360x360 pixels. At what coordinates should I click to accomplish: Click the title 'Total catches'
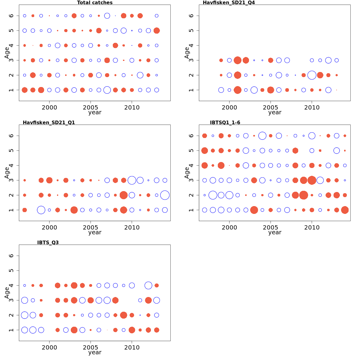pyautogui.click(x=95, y=3)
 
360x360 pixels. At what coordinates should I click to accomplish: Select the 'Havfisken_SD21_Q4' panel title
pyautogui.click(x=229, y=3)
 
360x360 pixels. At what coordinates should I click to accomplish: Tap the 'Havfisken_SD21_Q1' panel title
pyautogui.click(x=49, y=122)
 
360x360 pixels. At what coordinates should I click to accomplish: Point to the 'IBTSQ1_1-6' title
pyautogui.click(x=225, y=122)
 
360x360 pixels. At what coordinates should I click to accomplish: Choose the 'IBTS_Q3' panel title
pyautogui.click(x=48, y=242)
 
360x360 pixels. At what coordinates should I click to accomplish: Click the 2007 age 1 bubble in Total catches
pyautogui.click(x=107, y=90)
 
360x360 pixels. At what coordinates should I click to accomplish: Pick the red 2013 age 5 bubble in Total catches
pyautogui.click(x=157, y=31)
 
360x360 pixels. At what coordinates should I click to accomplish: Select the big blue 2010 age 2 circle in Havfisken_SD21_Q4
pyautogui.click(x=312, y=75)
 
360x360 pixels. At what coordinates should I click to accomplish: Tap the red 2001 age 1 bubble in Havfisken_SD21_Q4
pyautogui.click(x=238, y=90)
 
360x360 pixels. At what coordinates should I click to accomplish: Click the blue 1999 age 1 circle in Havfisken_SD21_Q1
pyautogui.click(x=41, y=210)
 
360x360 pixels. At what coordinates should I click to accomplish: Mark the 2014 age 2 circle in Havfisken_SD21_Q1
pyautogui.click(x=165, y=195)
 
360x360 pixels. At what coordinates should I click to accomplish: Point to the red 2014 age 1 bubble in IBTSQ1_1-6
pyautogui.click(x=345, y=210)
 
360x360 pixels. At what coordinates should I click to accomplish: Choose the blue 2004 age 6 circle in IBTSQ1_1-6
pyautogui.click(x=262, y=136)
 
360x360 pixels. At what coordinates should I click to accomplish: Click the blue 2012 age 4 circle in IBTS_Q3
pyautogui.click(x=148, y=285)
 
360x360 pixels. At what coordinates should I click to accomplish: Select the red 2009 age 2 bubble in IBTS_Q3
pyautogui.click(x=123, y=315)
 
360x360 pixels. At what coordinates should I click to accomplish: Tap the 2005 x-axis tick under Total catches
pyautogui.click(x=91, y=108)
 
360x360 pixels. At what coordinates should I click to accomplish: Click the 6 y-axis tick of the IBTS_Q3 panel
pyautogui.click(x=11, y=256)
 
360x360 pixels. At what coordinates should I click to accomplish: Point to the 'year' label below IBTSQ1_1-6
pyautogui.click(x=275, y=232)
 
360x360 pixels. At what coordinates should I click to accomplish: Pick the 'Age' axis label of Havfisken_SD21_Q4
pyautogui.click(x=187, y=53)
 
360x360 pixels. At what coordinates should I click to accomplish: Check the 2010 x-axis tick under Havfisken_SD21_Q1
pyautogui.click(x=132, y=228)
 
